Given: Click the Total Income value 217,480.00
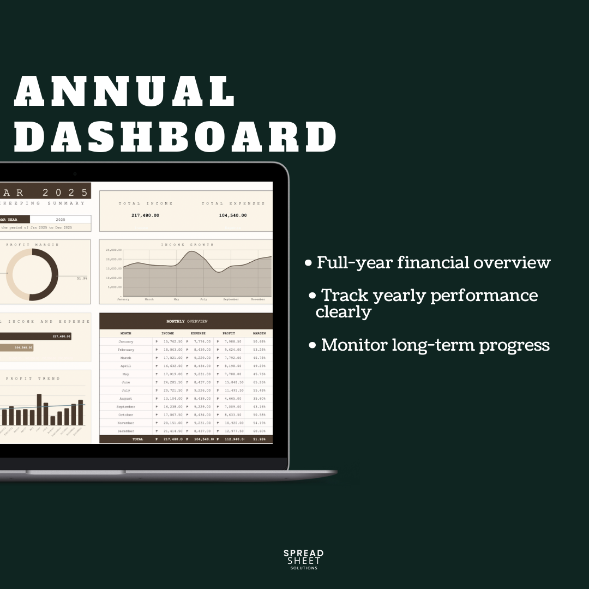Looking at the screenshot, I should point(145,215).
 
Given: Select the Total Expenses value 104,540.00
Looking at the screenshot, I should point(233,215).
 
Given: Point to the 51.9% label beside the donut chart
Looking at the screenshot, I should point(82,279).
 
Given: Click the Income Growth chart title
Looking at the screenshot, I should point(187,245).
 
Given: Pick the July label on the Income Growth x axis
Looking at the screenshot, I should point(203,299).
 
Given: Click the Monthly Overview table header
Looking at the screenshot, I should point(187,321).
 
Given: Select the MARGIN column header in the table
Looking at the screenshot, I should point(259,333).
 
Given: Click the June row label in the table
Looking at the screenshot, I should point(126,382).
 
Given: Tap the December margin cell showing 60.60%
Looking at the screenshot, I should point(259,431).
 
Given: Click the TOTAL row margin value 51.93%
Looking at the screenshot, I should point(259,439).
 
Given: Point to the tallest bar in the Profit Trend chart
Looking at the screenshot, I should point(39,409).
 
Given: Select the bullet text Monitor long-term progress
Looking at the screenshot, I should point(435,345).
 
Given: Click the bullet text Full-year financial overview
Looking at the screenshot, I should point(434,263).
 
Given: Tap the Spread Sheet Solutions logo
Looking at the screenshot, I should point(303,560).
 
